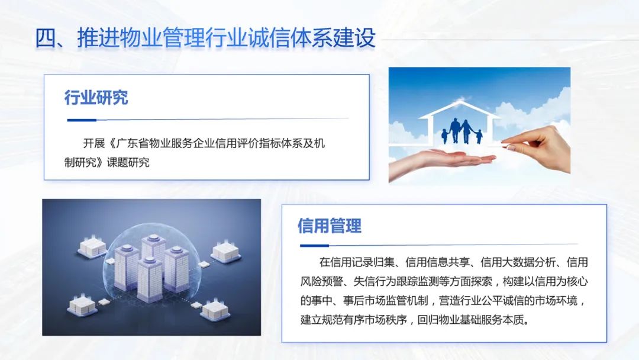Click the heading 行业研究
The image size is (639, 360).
96,98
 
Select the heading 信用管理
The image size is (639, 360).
329,226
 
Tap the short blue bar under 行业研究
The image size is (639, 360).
81,120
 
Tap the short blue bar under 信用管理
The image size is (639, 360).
314,245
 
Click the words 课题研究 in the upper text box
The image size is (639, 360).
128,162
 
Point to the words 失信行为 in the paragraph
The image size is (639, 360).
378,280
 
